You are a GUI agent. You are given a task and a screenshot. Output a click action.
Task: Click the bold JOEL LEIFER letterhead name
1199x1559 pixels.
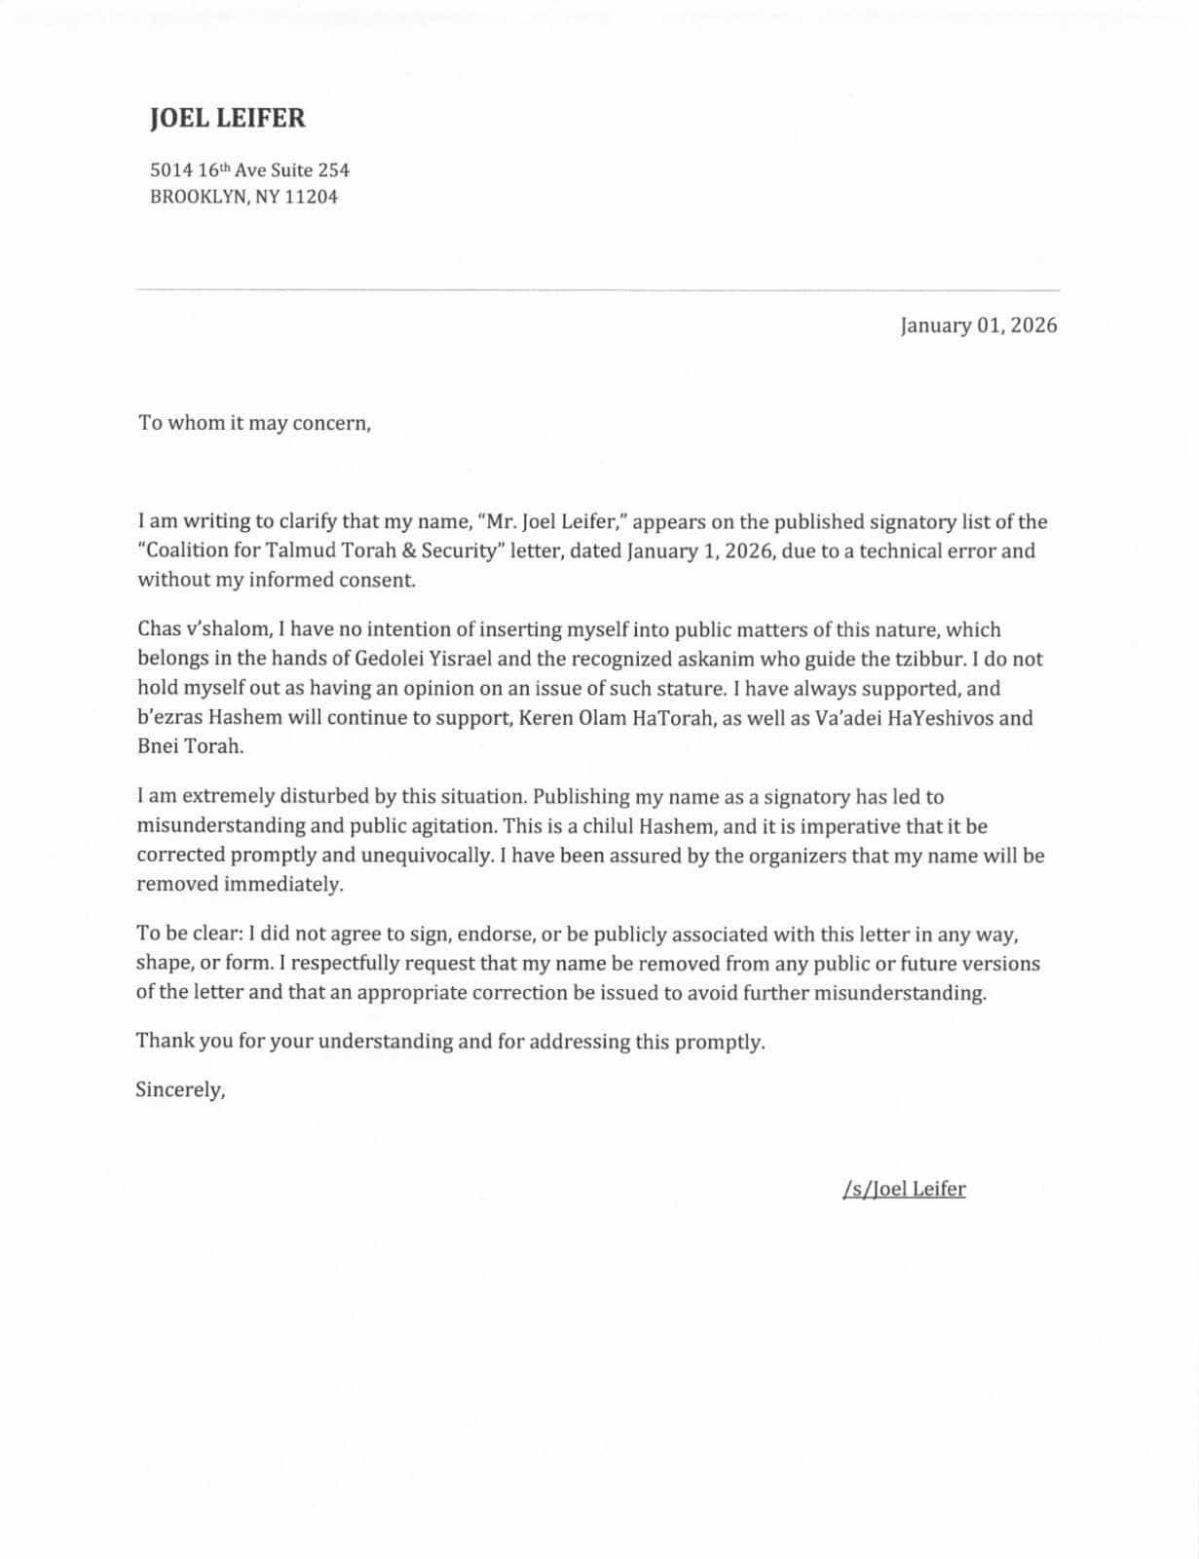pyautogui.click(x=227, y=119)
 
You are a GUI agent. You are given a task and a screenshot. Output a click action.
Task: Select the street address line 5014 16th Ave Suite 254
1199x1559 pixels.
pyautogui.click(x=249, y=170)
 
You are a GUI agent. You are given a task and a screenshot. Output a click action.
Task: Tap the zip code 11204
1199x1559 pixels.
pyautogui.click(x=311, y=197)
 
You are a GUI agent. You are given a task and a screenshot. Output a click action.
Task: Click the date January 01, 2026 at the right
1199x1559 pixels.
pyautogui.click(x=978, y=325)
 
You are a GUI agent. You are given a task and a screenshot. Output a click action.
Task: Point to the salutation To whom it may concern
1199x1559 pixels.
pyautogui.click(x=254, y=424)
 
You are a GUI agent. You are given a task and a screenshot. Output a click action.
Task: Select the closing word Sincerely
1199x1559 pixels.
pyautogui.click(x=180, y=1090)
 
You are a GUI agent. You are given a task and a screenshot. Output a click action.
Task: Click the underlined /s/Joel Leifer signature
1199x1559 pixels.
pyautogui.click(x=904, y=1189)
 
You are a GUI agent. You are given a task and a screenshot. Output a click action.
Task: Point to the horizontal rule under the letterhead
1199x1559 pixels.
pyautogui.click(x=598, y=289)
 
